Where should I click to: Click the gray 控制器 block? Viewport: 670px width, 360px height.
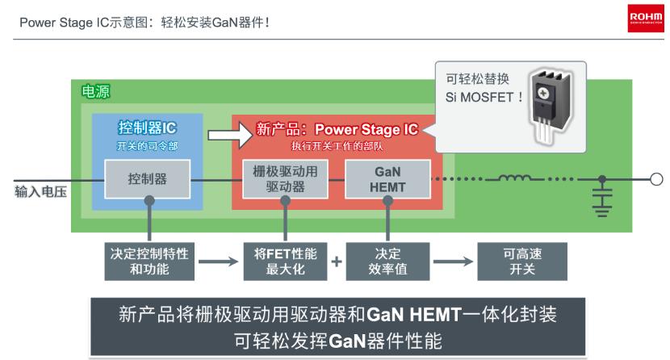[148, 179]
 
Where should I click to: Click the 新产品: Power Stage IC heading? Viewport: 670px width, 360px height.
[337, 129]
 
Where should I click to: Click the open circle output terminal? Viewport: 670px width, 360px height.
[656, 179]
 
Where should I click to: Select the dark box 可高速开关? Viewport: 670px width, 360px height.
[515, 261]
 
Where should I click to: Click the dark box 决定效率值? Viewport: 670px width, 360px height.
[383, 261]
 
